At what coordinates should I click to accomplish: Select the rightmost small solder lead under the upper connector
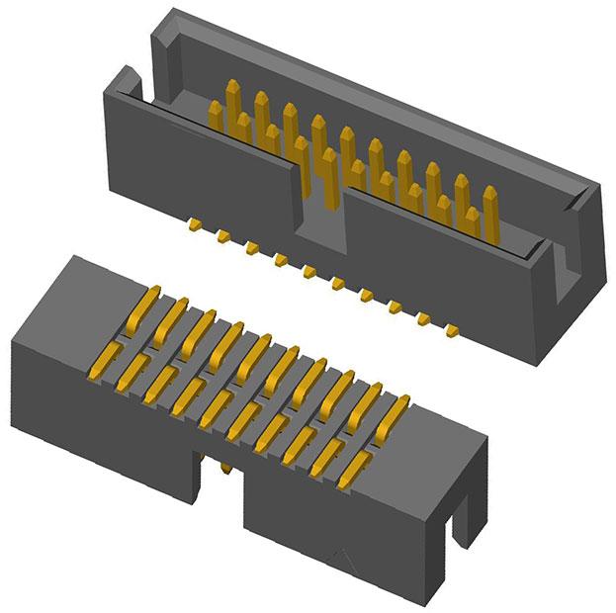coord(452,328)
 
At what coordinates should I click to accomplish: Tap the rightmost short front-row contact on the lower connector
coord(351,472)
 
